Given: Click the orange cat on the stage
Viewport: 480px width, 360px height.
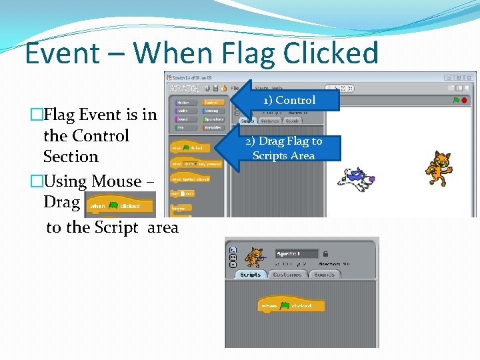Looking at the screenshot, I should click(439, 169).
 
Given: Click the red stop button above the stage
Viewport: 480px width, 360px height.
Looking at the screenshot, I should click(464, 100).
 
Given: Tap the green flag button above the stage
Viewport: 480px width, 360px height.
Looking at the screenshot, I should click(455, 100).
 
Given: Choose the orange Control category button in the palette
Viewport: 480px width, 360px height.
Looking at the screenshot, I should click(212, 103).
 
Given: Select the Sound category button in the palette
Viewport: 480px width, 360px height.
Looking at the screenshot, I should click(183, 119).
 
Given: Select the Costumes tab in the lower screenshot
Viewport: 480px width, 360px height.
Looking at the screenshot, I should click(287, 275).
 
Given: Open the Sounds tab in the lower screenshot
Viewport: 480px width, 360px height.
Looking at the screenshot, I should click(325, 275).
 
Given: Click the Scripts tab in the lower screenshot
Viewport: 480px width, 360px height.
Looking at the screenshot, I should click(250, 275).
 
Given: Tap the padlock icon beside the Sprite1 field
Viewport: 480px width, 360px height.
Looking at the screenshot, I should click(325, 254).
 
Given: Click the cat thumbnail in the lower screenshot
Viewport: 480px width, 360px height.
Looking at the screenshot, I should click(253, 257).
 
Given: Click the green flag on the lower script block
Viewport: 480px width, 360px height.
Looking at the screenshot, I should click(285, 306).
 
